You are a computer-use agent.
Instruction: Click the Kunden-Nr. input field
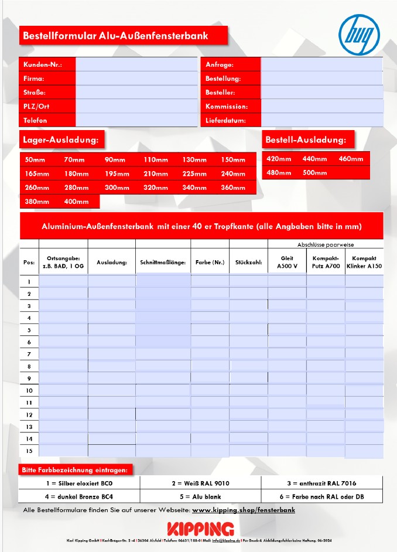coord(136,64)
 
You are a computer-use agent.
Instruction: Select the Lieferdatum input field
coord(321,121)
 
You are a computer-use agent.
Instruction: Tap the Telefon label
coord(35,121)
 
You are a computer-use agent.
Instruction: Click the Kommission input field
coord(321,107)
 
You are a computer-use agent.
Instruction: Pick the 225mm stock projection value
coord(194,174)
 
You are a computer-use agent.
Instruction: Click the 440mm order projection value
coord(314,159)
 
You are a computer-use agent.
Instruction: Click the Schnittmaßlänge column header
coord(163,262)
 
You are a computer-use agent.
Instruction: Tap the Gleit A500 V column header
coord(287,262)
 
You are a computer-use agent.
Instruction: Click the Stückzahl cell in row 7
coord(248,354)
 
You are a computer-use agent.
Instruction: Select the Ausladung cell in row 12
coord(112,415)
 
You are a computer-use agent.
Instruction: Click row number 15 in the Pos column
coord(29,451)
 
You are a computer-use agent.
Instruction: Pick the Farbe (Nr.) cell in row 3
coord(210,305)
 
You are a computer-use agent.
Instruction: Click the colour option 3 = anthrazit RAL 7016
coord(321,483)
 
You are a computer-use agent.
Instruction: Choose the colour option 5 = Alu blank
coord(200,497)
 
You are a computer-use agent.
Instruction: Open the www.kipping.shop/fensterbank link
coord(244,510)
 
